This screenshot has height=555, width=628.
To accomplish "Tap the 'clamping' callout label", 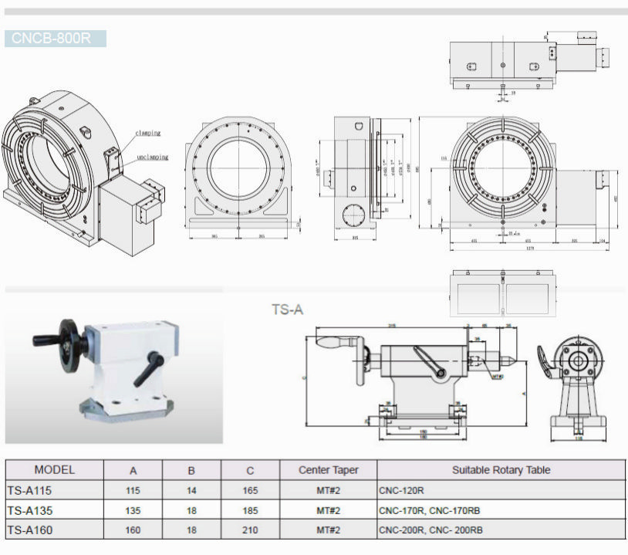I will (x=147, y=133).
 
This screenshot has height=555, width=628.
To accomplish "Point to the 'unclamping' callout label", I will (x=152, y=157).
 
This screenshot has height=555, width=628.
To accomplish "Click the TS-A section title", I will (x=287, y=310).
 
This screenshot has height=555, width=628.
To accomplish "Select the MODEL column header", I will (x=55, y=469).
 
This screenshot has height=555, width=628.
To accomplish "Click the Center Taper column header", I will (x=328, y=470).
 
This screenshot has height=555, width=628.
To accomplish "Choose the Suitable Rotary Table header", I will (x=501, y=470).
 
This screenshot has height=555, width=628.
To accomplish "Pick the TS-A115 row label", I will (x=29, y=489).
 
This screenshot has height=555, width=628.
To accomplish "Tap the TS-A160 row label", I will (x=29, y=530).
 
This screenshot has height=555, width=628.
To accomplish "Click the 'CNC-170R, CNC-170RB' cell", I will (x=429, y=510).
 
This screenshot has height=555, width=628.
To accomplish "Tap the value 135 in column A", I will (x=133, y=510).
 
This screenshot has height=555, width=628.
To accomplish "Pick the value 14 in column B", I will (x=191, y=490).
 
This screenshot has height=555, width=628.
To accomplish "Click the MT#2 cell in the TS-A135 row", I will (x=328, y=510).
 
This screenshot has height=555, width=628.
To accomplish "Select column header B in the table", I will (x=191, y=470).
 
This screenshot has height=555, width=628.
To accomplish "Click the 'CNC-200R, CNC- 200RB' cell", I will (x=430, y=530).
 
